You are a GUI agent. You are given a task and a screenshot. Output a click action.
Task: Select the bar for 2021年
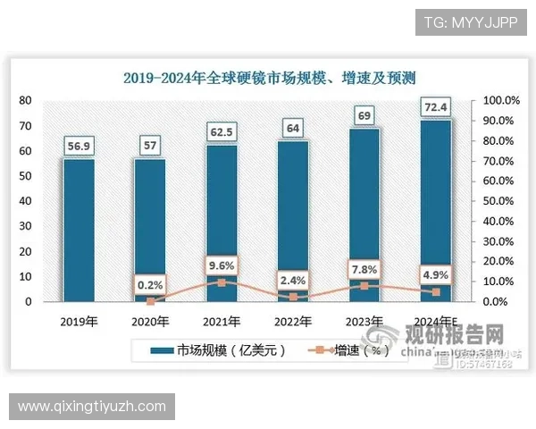(221, 223)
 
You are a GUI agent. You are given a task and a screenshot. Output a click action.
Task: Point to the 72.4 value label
(436, 107)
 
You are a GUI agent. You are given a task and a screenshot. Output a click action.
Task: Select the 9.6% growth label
(221, 265)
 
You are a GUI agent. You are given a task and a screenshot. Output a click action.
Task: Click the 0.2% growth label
(150, 285)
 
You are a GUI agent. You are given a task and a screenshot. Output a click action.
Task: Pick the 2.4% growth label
(292, 279)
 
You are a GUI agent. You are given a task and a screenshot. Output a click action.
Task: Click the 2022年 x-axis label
(292, 322)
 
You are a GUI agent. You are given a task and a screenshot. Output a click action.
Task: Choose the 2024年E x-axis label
(436, 322)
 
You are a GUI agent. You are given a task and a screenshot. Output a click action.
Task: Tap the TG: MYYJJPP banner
(471, 21)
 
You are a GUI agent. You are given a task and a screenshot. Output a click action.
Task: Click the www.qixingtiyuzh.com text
(92, 407)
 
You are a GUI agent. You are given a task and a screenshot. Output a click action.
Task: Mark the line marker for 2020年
(150, 301)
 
